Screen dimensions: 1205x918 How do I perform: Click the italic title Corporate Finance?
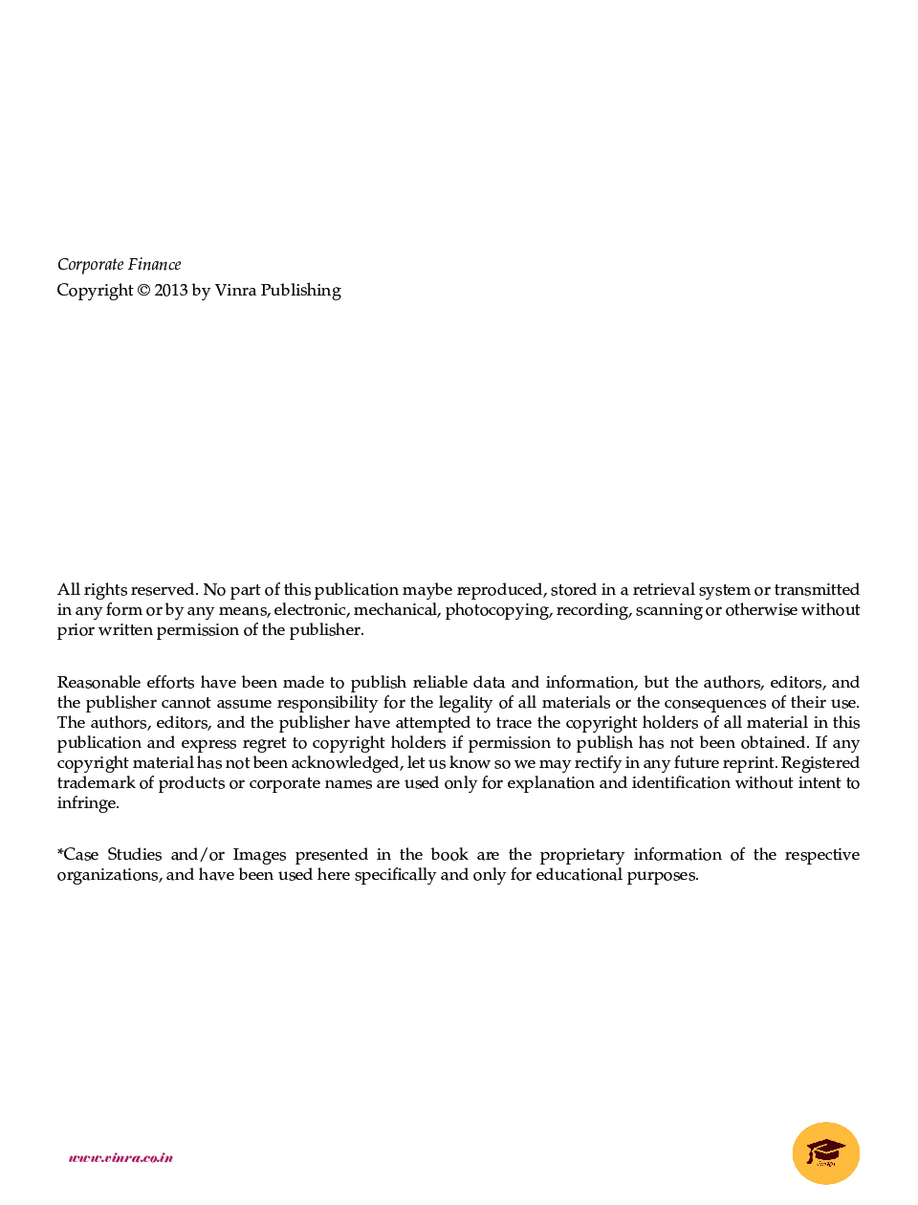pos(119,265)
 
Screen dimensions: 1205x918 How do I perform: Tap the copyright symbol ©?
pos(143,291)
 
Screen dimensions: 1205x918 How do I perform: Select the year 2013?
pos(171,291)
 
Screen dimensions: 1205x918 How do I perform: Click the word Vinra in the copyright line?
pos(235,291)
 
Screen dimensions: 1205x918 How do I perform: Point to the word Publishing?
pos(300,291)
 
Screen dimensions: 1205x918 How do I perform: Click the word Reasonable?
pos(98,683)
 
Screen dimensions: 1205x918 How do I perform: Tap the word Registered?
pos(820,763)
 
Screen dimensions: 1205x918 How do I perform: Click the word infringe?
pos(88,803)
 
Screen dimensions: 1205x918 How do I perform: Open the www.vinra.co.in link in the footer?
pos(120,1158)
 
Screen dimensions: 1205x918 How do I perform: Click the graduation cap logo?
pos(826,1152)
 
